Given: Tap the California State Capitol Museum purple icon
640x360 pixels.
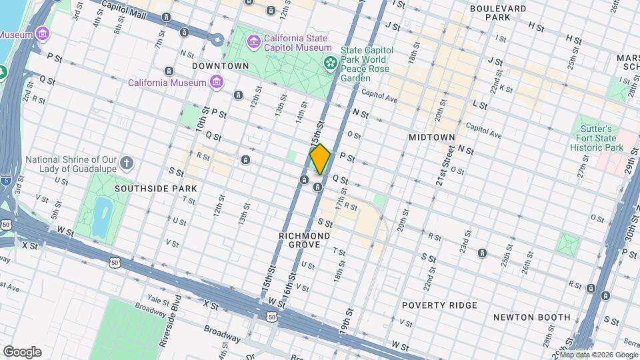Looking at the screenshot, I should (253, 43).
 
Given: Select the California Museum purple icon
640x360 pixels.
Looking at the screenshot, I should (216, 82).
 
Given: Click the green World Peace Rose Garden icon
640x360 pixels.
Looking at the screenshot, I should (329, 63).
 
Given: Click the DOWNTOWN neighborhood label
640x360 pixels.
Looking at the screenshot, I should (220, 66).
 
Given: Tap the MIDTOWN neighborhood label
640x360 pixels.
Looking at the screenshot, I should (431, 137).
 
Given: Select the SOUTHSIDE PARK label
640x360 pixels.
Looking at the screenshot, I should (155, 189).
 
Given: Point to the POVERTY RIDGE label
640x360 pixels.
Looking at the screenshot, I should (439, 305).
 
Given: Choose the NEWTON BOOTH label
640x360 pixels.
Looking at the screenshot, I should (531, 317).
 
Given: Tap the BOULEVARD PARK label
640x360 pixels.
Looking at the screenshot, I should (497, 13).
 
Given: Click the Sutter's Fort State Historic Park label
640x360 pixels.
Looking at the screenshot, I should (599, 137).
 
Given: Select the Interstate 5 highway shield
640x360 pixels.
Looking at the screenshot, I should (5, 179).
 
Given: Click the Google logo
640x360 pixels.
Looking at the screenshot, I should (22, 352).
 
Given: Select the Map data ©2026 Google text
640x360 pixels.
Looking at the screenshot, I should (599, 355).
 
